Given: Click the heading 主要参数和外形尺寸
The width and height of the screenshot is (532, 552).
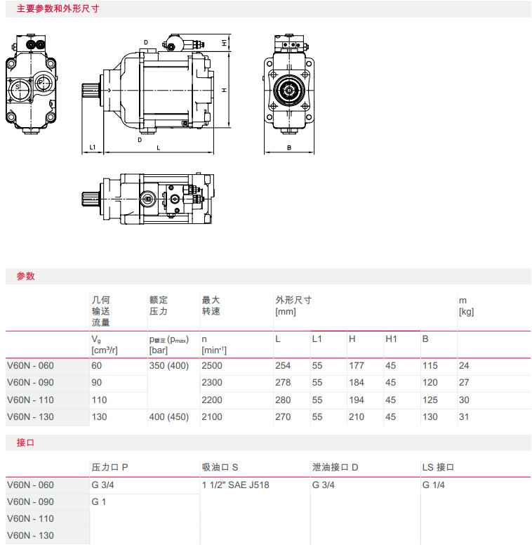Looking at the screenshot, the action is point(58,8).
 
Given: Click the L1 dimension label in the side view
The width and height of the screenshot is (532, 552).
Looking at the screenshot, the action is point(92,147).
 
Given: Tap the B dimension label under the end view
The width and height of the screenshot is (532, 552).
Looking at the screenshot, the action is point(289,148).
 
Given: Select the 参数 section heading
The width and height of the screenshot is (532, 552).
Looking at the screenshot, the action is point(25,277).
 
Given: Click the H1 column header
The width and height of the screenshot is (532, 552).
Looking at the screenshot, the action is point(391,339).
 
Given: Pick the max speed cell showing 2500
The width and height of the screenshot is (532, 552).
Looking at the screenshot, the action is point(212,365).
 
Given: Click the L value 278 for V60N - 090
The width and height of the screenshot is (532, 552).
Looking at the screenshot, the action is point(283,382).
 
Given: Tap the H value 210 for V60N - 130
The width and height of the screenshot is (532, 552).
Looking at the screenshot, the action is point(357,417).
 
